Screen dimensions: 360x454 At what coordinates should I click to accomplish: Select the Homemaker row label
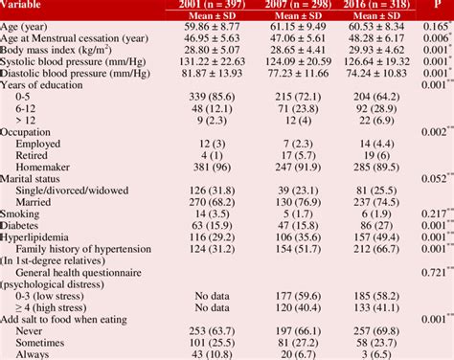coord(52,166)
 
